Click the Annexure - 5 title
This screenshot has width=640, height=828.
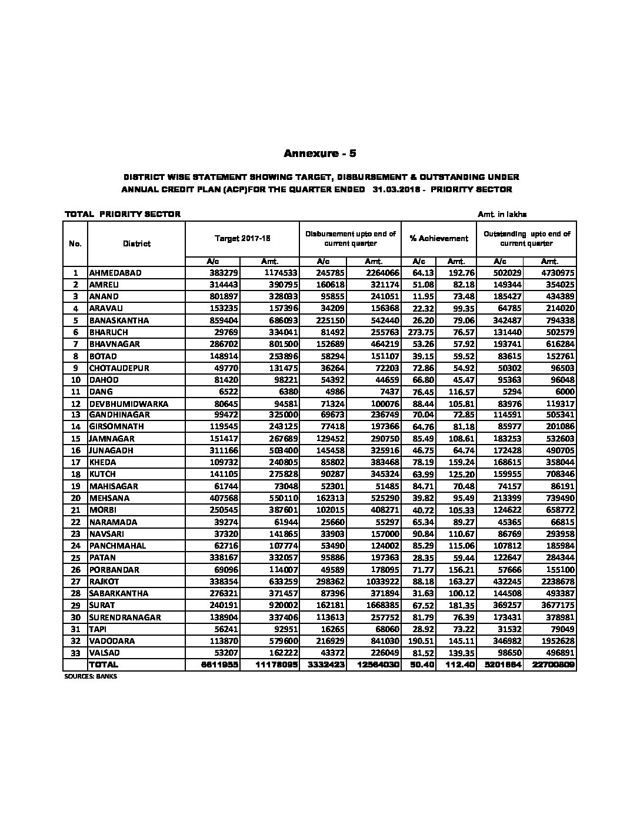(x=320, y=154)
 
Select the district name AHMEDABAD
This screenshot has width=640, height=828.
(x=115, y=273)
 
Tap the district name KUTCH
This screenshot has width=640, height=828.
(x=102, y=474)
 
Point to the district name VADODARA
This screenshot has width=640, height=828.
(x=112, y=640)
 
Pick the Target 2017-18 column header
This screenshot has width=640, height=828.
(x=242, y=238)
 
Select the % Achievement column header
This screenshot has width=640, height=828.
(x=439, y=238)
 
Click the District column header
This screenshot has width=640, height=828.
(x=136, y=243)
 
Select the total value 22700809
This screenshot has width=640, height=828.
(x=552, y=665)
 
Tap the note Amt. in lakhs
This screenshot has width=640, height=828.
(x=508, y=215)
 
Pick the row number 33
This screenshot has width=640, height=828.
(x=75, y=653)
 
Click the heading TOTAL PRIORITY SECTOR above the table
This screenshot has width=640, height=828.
(x=122, y=214)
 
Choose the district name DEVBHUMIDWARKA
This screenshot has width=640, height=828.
(x=128, y=403)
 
